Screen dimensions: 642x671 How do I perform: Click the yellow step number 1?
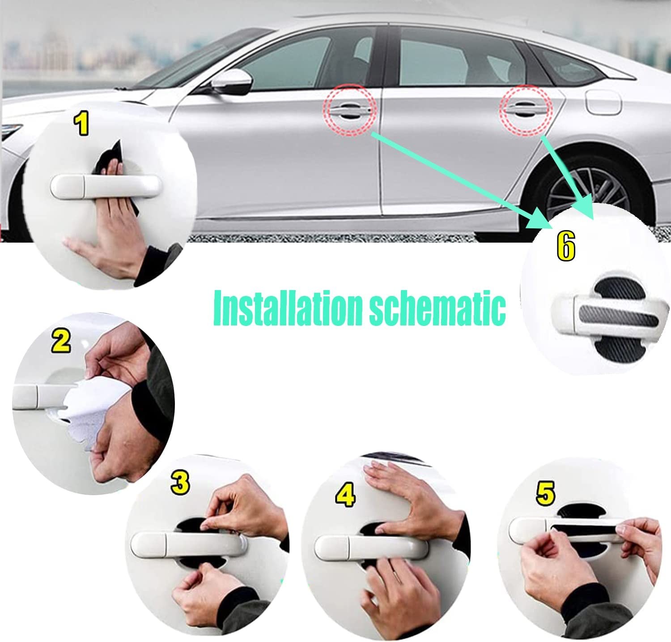tap(81, 124)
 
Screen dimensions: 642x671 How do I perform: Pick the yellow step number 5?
tap(545, 493)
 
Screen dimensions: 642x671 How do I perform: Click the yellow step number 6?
tap(566, 247)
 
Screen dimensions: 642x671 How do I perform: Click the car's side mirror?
tap(232, 82)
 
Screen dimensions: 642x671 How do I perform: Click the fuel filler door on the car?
tap(603, 101)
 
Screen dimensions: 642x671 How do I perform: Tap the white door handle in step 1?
tap(105, 185)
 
